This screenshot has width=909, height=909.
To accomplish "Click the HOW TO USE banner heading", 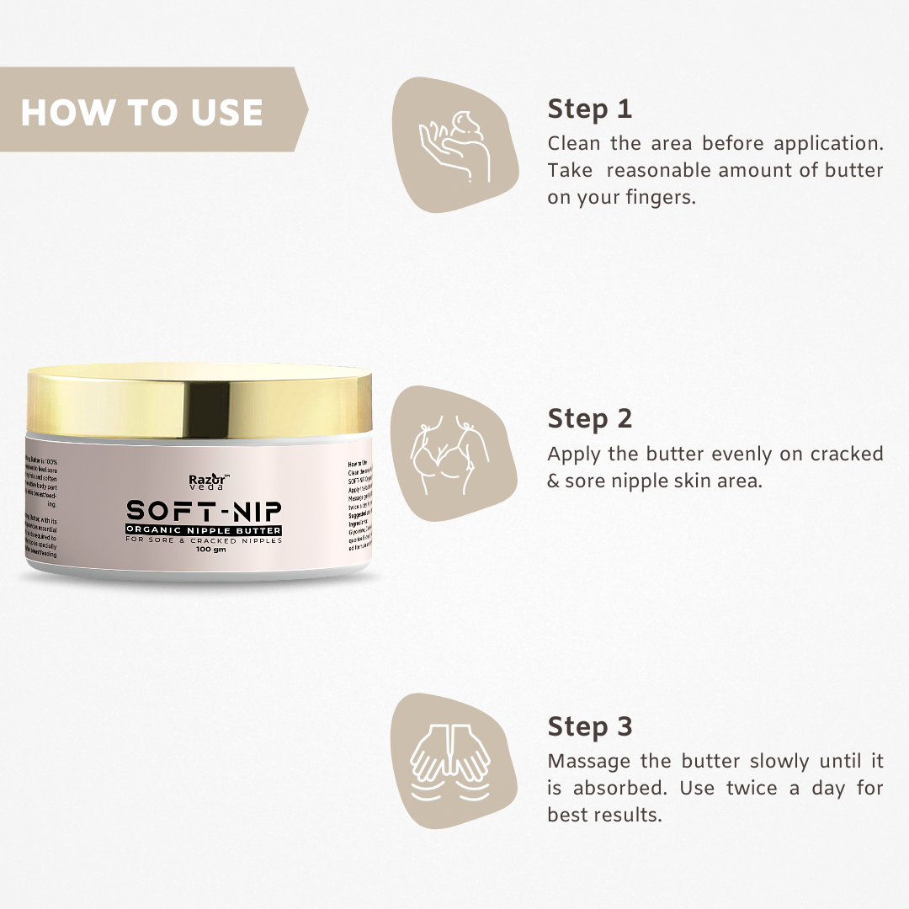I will coord(141,113).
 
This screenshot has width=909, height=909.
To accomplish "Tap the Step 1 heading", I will coord(589,109).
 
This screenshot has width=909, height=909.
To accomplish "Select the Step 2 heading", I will coord(589,418).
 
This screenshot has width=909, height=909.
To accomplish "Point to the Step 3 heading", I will coord(589,726).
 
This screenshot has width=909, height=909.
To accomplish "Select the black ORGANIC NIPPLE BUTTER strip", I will coord(204,529).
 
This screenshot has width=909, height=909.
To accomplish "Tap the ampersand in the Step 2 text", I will coord(553,481).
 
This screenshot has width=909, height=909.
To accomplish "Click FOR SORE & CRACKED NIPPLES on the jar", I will coord(204,540).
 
